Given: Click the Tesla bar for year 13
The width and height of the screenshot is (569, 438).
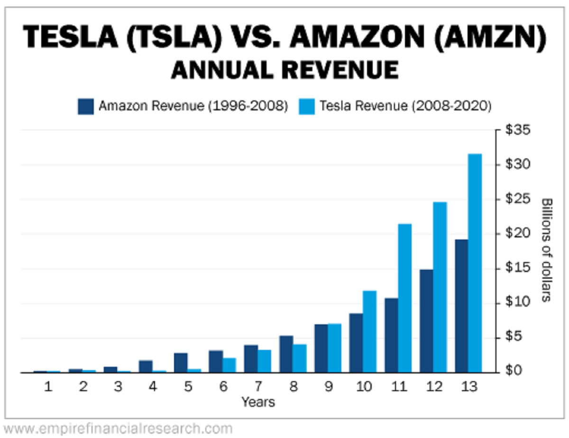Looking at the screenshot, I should (x=475, y=263).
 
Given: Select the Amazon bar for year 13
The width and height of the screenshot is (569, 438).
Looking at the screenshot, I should (x=461, y=306).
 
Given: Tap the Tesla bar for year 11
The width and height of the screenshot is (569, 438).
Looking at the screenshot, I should (x=404, y=298).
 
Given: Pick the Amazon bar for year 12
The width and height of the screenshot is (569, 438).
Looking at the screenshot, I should (x=426, y=321).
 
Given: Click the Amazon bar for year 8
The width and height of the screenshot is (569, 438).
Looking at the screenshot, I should (x=286, y=354).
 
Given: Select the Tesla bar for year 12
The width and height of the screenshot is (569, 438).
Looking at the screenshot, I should (x=440, y=287).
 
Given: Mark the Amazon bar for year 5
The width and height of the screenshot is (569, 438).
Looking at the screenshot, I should (x=181, y=363).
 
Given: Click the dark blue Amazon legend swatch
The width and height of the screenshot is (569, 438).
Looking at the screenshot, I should (x=86, y=106).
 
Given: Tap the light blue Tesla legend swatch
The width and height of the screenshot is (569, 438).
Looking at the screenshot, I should (x=307, y=106).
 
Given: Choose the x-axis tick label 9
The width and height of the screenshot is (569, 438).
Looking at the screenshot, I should (x=328, y=386).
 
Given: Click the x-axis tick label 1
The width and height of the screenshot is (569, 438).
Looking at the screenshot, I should (x=47, y=386).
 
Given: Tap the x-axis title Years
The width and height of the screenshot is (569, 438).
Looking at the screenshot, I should (x=258, y=402).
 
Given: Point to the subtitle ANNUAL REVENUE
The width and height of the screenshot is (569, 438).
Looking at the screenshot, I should (x=284, y=70).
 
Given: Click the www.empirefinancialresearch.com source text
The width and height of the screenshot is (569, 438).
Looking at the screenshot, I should (x=117, y=429).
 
